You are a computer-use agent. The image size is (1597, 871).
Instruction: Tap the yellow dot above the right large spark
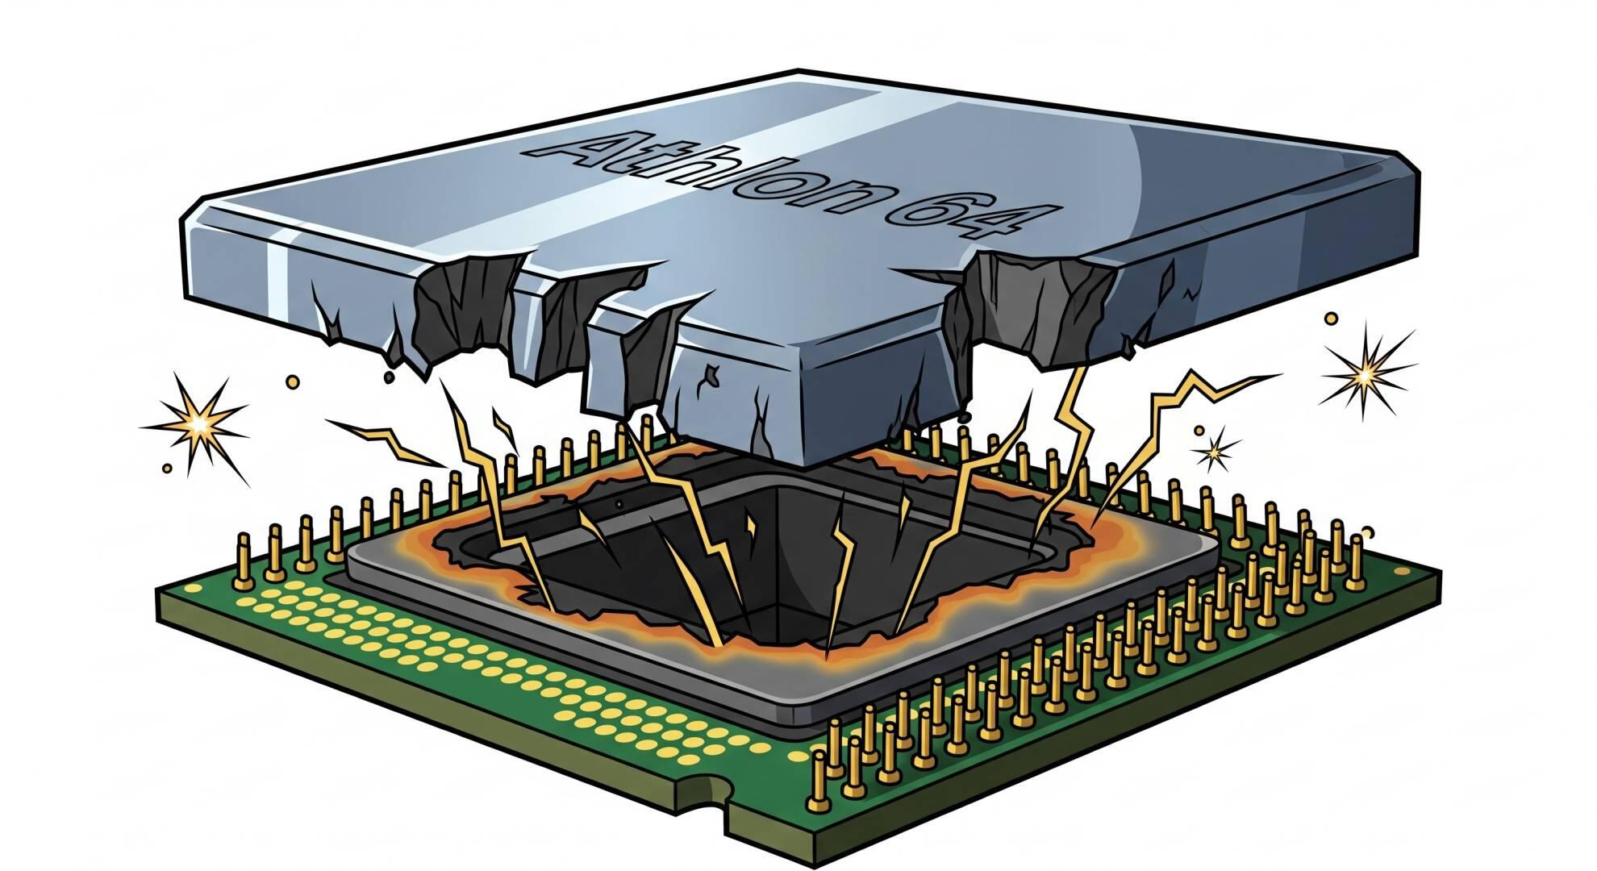coord(1331,319)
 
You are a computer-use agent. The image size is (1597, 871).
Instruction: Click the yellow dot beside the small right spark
coord(1199,431)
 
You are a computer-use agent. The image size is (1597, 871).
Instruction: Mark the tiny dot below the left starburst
coord(167,467)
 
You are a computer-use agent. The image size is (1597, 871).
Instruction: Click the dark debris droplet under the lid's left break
coord(389,376)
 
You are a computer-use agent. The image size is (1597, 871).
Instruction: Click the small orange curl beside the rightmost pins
coord(1366,531)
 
